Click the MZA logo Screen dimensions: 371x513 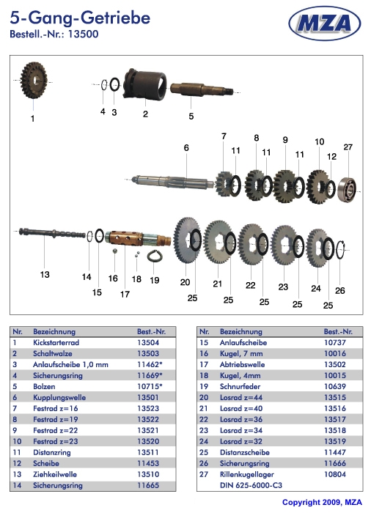[325, 23]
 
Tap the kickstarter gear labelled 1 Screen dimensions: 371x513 [34, 80]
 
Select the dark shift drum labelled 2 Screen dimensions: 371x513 [144, 84]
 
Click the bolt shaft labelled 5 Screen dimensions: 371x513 [202, 89]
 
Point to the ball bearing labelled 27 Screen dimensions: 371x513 [347, 189]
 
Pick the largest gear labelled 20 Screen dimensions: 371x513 [187, 240]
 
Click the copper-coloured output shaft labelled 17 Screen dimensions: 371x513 [138, 239]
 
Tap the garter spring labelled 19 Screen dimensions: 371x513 [153, 256]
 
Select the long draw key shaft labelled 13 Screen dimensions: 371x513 [52, 234]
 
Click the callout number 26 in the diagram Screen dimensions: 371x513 [340, 290]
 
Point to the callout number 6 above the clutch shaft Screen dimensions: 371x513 [186, 148]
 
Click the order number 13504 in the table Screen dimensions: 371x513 [148, 342]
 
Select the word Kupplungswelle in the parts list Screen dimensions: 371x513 [59, 397]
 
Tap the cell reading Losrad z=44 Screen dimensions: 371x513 [241, 397]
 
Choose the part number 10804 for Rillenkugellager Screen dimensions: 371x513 [335, 474]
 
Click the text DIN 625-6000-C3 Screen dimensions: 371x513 [251, 485]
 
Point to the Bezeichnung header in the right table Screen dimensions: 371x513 [241, 332]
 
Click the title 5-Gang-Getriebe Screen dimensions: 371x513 [80, 18]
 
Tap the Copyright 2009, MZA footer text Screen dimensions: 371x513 [322, 502]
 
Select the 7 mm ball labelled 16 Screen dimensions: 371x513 [115, 251]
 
